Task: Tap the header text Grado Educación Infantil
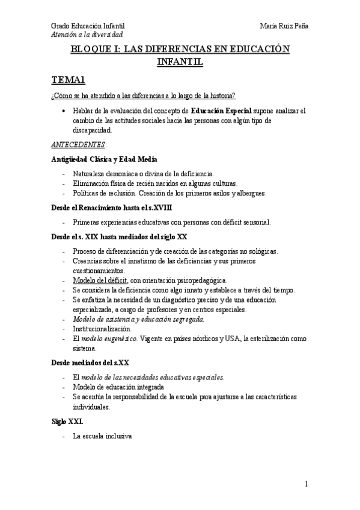pyautogui.click(x=88, y=26)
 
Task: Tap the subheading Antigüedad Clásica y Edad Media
pyautogui.click(x=105, y=159)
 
